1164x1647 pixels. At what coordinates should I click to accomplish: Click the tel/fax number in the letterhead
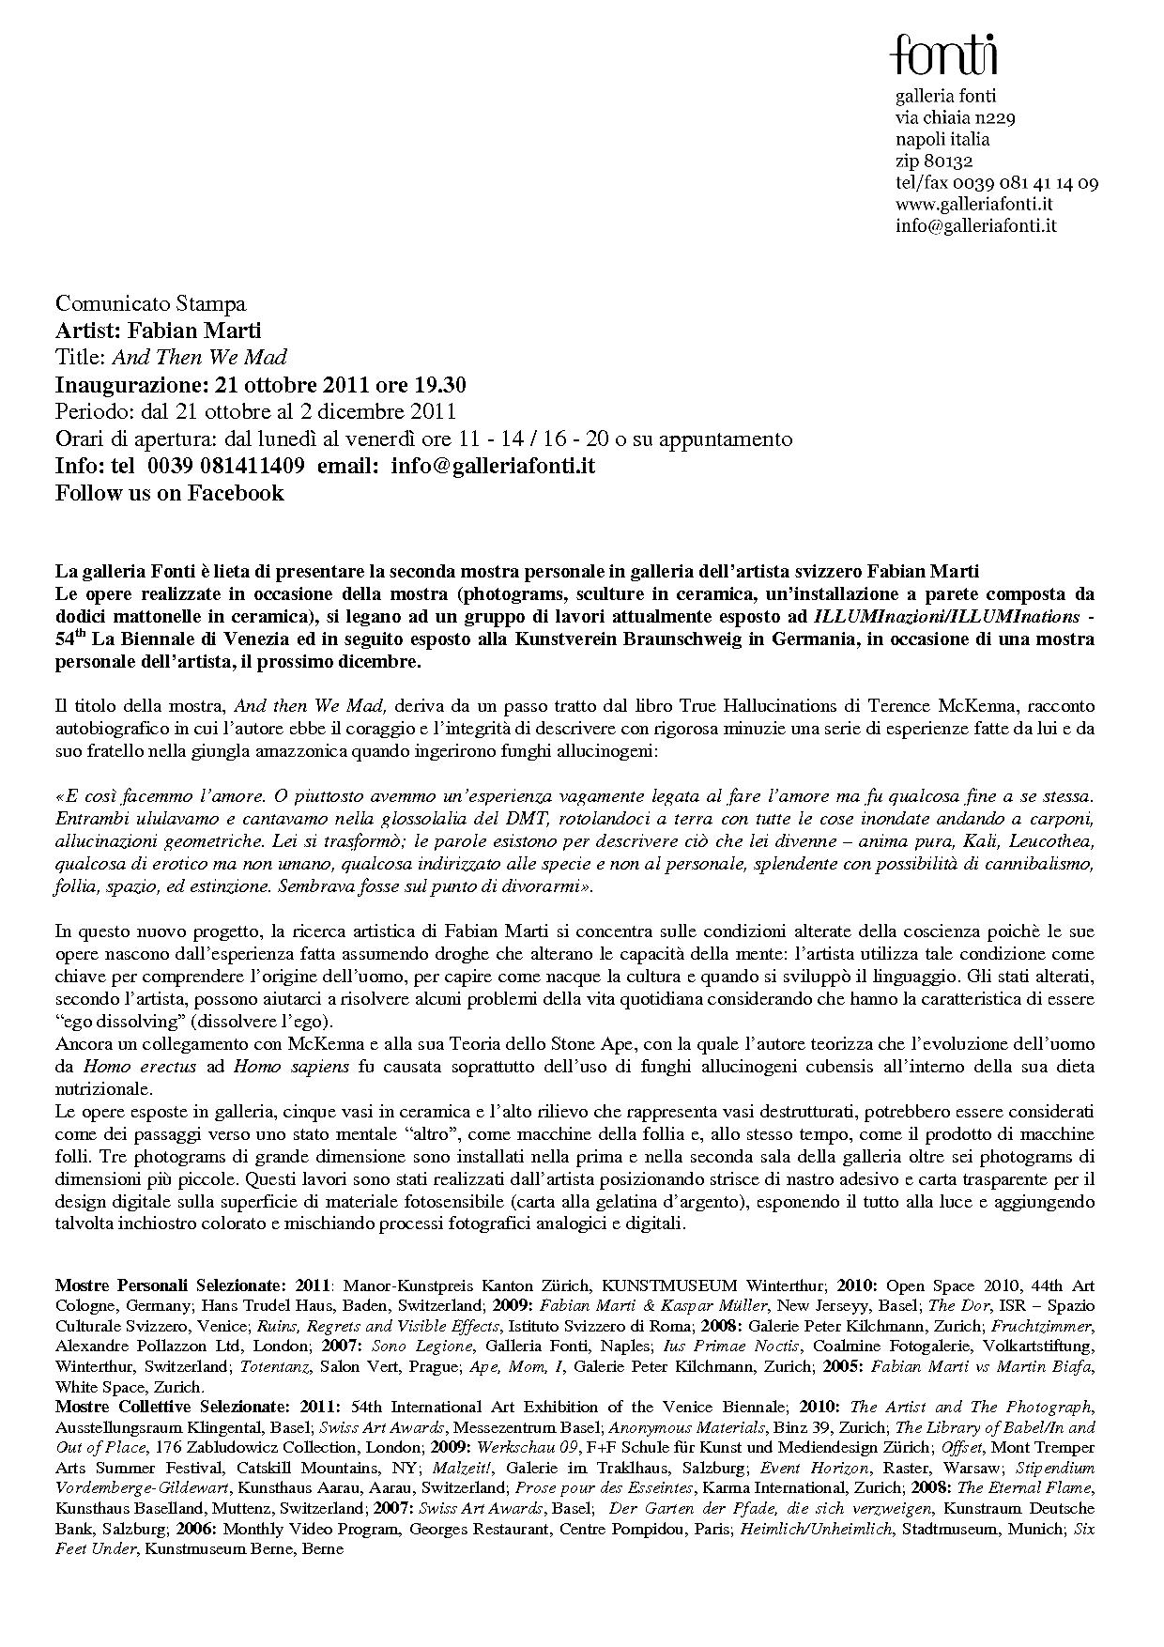click(x=996, y=182)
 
